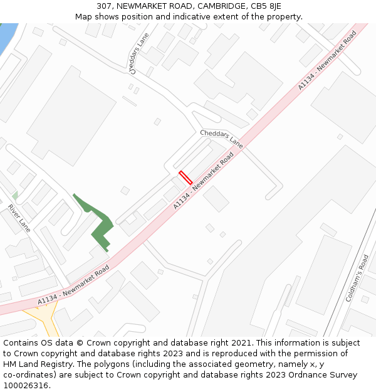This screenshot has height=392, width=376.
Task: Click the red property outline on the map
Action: [185, 177]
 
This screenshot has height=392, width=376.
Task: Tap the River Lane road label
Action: [19, 218]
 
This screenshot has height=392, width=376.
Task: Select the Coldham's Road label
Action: [357, 278]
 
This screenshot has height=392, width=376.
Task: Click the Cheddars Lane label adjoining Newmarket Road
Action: [221, 139]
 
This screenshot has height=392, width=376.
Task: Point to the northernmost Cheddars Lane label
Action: [140, 54]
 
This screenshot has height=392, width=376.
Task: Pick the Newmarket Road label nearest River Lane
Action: [73, 285]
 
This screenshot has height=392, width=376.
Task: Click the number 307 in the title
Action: [104, 6]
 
